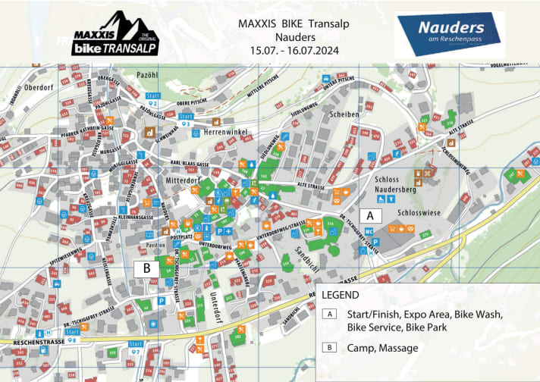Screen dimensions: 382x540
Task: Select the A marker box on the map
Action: pos(369,214)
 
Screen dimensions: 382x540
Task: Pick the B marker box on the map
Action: pos(146,268)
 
